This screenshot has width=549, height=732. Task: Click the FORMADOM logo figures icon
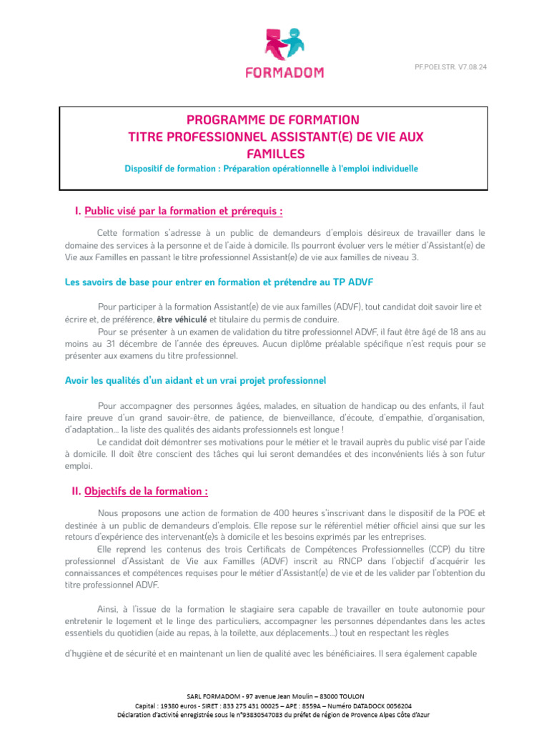pyautogui.click(x=283, y=45)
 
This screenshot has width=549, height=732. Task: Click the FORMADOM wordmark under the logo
pyautogui.click(x=285, y=71)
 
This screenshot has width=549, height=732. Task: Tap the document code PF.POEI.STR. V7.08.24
pyautogui.click(x=456, y=66)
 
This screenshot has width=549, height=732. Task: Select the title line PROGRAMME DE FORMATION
pyautogui.click(x=274, y=119)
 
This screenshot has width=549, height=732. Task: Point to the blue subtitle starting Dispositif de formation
pyautogui.click(x=271, y=169)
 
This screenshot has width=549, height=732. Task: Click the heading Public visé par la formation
pyautogui.click(x=183, y=211)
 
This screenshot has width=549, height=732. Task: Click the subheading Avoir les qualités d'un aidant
pyautogui.click(x=195, y=380)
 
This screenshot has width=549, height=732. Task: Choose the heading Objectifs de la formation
pyautogui.click(x=147, y=491)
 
